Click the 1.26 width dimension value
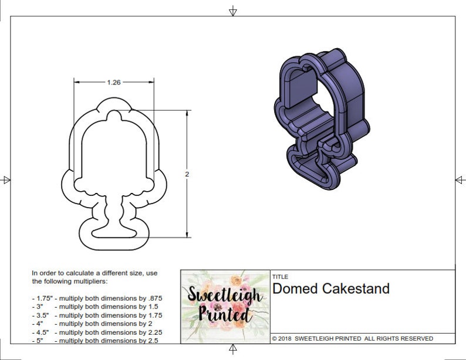click(114, 83)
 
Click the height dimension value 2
click(187, 174)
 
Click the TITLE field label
click(280, 277)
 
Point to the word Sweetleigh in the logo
click(224, 294)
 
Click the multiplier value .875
click(154, 298)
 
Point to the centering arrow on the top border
click(233, 11)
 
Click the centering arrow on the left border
click(6, 179)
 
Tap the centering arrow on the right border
click(460, 180)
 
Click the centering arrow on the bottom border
click(233, 349)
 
